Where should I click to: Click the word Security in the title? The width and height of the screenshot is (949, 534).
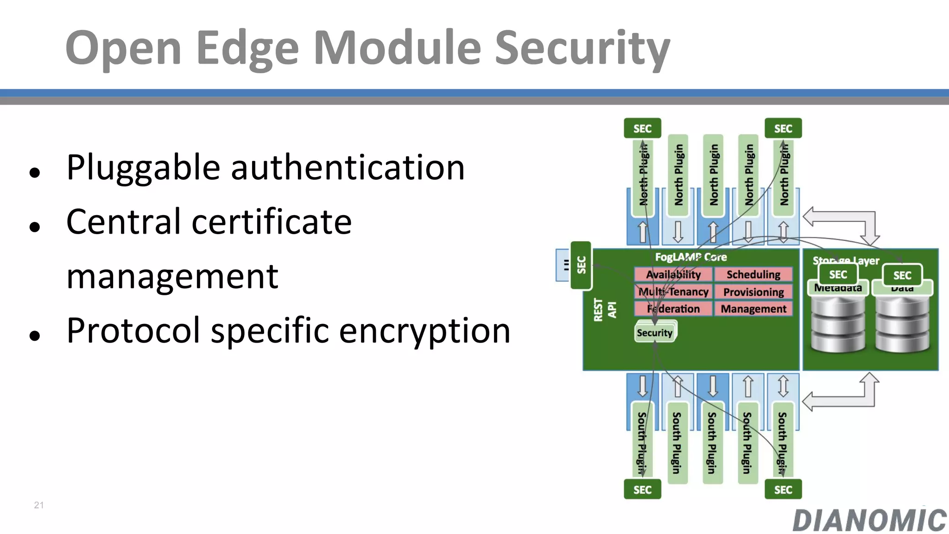click(x=582, y=48)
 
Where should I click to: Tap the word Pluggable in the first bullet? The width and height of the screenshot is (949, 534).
click(x=143, y=167)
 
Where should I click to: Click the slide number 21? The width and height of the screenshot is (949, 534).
click(x=39, y=505)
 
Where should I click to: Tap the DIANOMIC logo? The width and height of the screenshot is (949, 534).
click(x=869, y=520)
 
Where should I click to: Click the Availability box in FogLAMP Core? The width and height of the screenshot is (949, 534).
click(x=673, y=274)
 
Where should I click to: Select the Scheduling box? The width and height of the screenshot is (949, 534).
click(x=753, y=274)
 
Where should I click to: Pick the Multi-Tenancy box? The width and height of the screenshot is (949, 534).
click(x=673, y=292)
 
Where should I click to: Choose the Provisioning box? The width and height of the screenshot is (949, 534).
click(x=753, y=292)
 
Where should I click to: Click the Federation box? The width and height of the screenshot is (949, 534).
click(x=673, y=309)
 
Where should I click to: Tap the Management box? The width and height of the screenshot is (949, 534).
click(x=753, y=309)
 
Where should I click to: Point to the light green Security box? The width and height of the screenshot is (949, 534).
click(x=654, y=333)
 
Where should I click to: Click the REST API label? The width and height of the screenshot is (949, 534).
click(x=605, y=310)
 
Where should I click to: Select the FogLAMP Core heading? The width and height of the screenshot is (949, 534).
click(x=690, y=257)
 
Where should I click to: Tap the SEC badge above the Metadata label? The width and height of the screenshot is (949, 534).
click(x=838, y=274)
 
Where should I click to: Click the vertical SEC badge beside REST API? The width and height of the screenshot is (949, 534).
click(x=581, y=265)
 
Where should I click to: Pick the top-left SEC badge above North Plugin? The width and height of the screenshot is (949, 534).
click(x=642, y=128)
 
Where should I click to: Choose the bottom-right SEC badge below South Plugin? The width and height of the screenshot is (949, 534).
click(x=783, y=489)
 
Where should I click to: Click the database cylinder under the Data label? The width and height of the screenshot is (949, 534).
click(x=902, y=324)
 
